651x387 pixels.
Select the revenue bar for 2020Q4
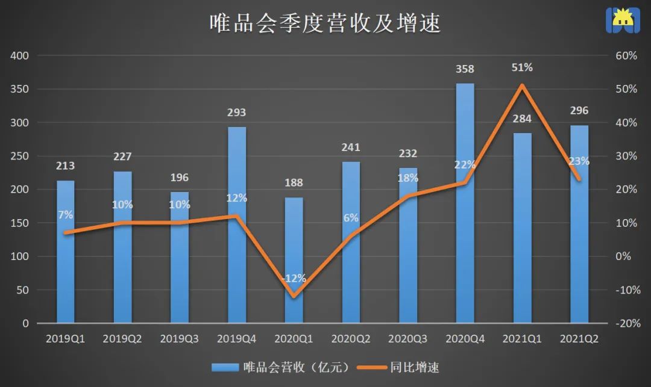(465, 241)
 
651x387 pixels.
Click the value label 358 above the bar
(465, 70)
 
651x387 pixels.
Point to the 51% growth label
(522, 68)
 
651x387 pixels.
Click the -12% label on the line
(294, 279)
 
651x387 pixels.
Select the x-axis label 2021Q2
(579, 339)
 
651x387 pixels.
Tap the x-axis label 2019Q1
(65, 339)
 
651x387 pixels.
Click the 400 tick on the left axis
(20, 56)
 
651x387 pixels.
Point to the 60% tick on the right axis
(626, 56)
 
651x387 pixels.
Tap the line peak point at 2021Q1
(522, 85)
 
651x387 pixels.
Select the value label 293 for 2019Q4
(237, 113)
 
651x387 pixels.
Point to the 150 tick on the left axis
(20, 223)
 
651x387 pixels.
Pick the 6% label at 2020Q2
(351, 218)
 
